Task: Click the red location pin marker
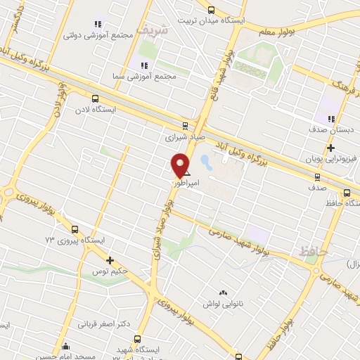pos(181,165)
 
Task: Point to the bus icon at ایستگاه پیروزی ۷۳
pos(75,229)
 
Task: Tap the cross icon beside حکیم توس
pos(110,261)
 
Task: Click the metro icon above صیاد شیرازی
pos(185,126)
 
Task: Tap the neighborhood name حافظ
pos(313,250)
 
